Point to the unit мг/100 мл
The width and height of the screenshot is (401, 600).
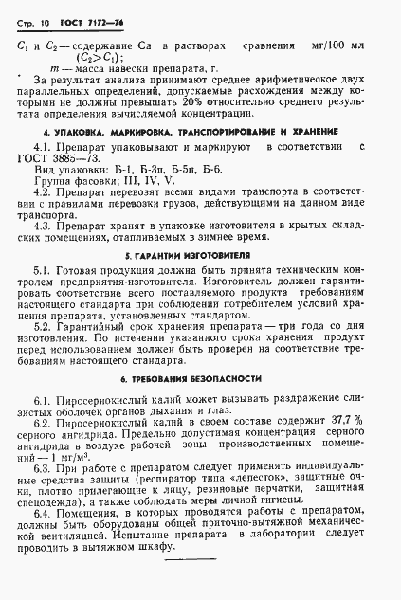tap(336, 44)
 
